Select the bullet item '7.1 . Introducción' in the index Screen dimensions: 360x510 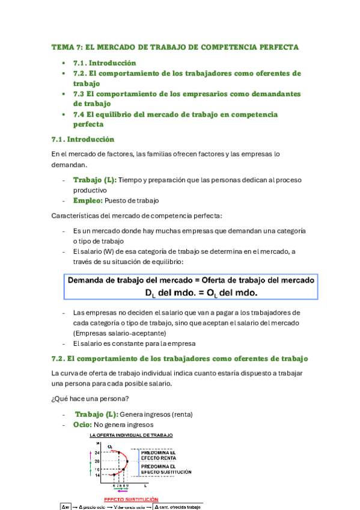(105, 63)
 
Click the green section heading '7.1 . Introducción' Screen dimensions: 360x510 (82, 139)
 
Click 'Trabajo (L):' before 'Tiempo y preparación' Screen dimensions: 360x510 (95, 180)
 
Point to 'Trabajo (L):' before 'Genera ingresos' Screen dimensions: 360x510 (97, 414)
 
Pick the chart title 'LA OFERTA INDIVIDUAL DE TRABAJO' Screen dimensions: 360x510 (131, 435)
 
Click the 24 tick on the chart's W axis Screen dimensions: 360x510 (97, 452)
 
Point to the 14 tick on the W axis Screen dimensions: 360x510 (97, 475)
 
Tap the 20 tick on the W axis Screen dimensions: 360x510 (97, 461)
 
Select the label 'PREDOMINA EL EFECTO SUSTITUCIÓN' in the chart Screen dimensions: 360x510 (166, 469)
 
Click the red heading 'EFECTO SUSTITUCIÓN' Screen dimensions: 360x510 (132, 499)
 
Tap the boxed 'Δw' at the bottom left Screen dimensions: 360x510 (66, 506)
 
